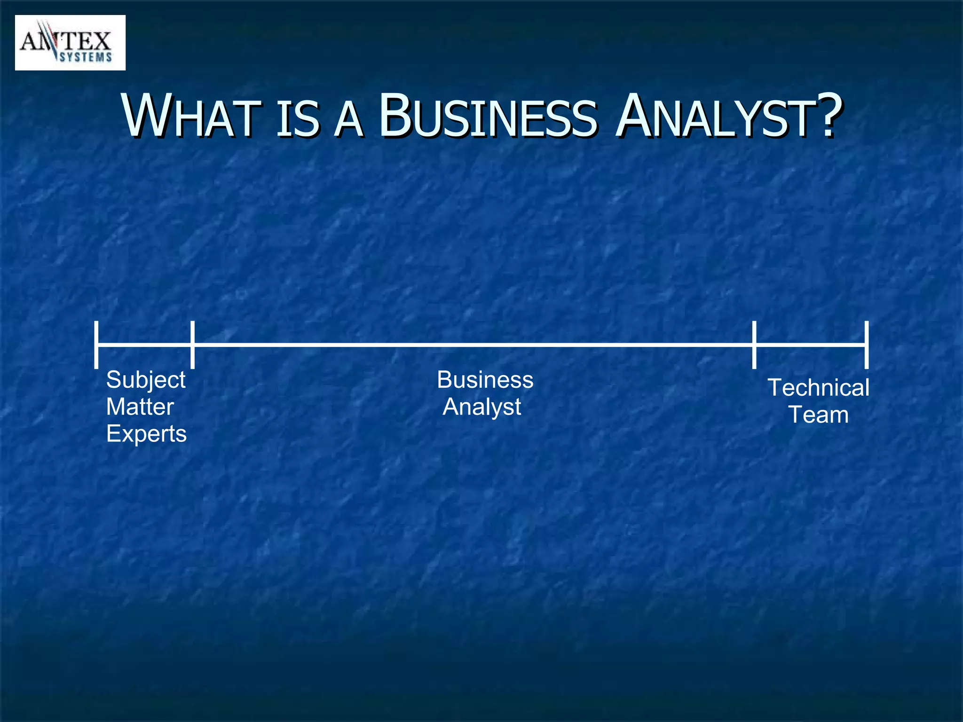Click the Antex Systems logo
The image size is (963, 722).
click(70, 43)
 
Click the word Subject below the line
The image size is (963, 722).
click(146, 380)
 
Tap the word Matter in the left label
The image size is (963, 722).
click(140, 407)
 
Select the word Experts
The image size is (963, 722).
click(146, 434)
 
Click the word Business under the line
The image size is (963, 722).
click(485, 380)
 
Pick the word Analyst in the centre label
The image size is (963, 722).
click(482, 407)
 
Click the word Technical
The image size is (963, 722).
click(818, 388)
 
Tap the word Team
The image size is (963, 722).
click(819, 415)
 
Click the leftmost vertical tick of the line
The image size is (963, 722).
click(96, 345)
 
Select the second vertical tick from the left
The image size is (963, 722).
click(192, 345)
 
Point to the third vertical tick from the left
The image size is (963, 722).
click(754, 345)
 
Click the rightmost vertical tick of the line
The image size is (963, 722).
click(867, 345)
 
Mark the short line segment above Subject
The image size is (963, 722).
click(144, 345)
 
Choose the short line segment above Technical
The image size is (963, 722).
click(810, 345)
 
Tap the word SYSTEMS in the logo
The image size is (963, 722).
click(86, 57)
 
